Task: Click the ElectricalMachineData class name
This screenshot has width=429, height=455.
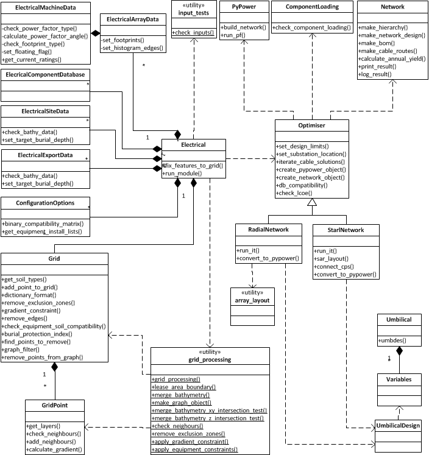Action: click(x=46, y=7)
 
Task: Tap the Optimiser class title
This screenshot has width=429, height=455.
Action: click(x=312, y=124)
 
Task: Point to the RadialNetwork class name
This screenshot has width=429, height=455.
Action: click(x=269, y=229)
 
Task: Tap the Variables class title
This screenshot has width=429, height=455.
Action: click(x=399, y=379)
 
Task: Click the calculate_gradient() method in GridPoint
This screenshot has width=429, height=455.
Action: click(x=55, y=449)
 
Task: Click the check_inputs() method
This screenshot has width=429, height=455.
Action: click(x=193, y=32)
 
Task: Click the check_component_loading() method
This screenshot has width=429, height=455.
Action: click(x=311, y=28)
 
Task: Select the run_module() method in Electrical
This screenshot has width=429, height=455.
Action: click(x=183, y=174)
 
